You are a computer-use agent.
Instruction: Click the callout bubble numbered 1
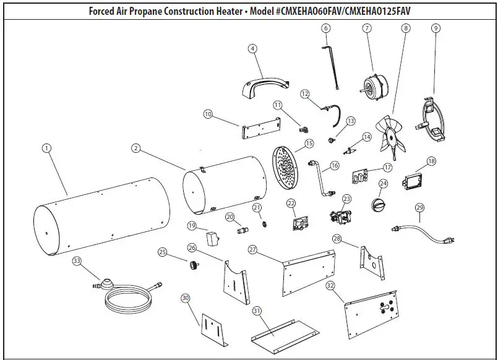[46, 148]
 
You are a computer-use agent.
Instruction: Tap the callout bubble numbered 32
[330, 285]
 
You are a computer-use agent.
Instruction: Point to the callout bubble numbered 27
[252, 249]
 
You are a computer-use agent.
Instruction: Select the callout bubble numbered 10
[208, 114]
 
